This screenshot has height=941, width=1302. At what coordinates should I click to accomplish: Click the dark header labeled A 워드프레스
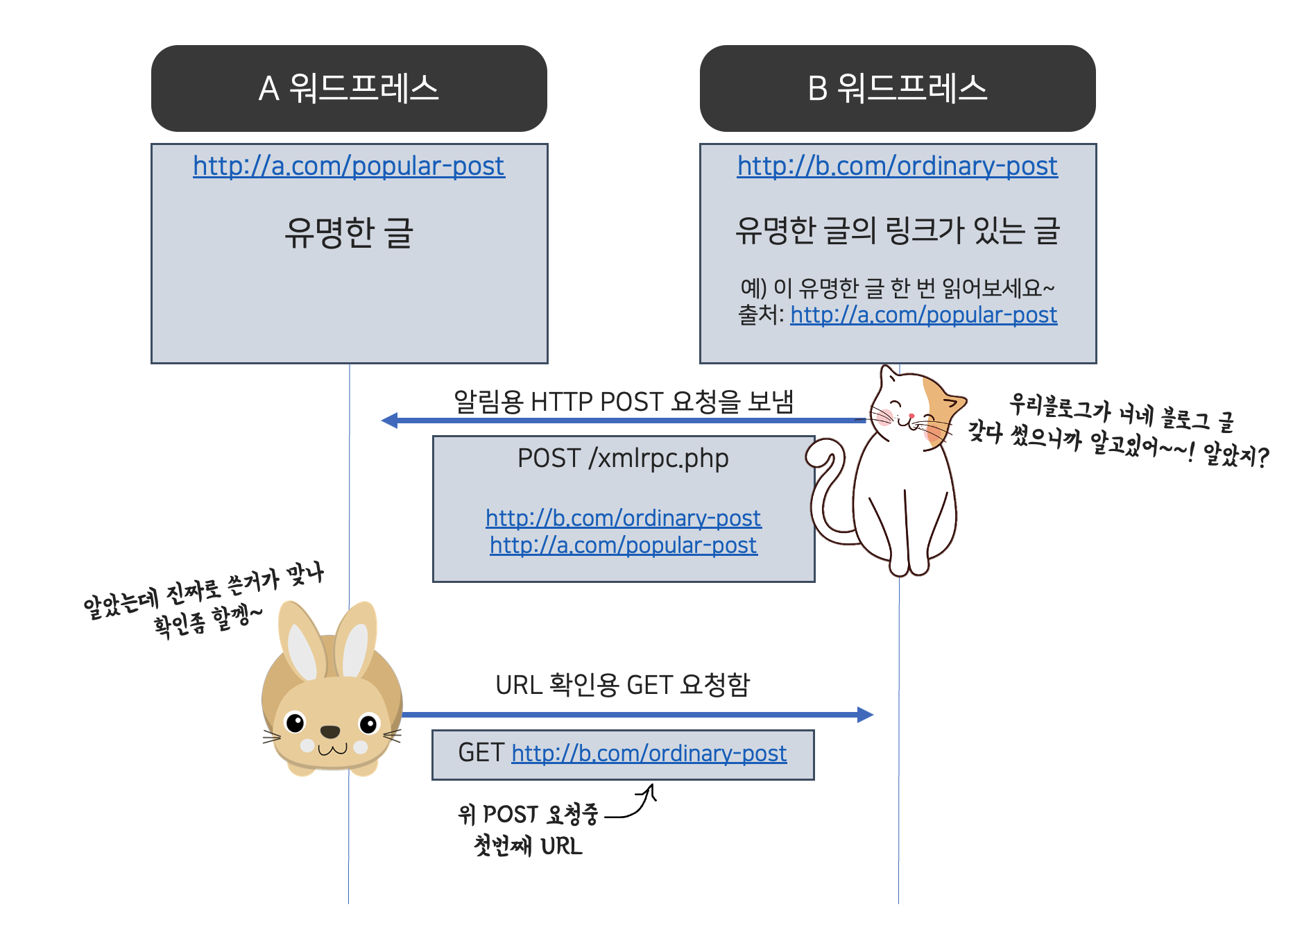coord(349,88)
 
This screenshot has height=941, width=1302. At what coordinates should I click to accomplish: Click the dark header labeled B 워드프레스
coord(898,88)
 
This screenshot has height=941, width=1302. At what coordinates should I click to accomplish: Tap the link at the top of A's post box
coord(349,167)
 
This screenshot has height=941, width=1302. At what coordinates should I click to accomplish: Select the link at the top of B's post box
coord(898,167)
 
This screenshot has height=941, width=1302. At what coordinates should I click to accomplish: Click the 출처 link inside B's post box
coord(923,315)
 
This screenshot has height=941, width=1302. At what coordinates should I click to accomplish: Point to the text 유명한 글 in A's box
coord(349,232)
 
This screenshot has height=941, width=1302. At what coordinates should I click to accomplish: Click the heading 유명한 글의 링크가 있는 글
coord(898,231)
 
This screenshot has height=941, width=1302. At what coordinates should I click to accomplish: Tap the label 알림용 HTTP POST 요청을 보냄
coord(623,402)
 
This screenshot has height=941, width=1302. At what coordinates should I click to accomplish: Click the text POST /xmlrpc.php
coord(623,459)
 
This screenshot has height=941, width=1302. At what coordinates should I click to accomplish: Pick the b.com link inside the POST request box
coord(623,518)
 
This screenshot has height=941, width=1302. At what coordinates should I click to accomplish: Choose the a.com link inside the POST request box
coord(623,545)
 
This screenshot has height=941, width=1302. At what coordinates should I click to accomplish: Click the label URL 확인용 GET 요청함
coord(623,685)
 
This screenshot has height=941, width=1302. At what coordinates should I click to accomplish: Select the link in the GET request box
coord(649,754)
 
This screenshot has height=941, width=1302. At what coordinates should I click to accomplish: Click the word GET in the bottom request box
coord(481,754)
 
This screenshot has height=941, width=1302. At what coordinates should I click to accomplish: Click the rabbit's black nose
coord(330,731)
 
